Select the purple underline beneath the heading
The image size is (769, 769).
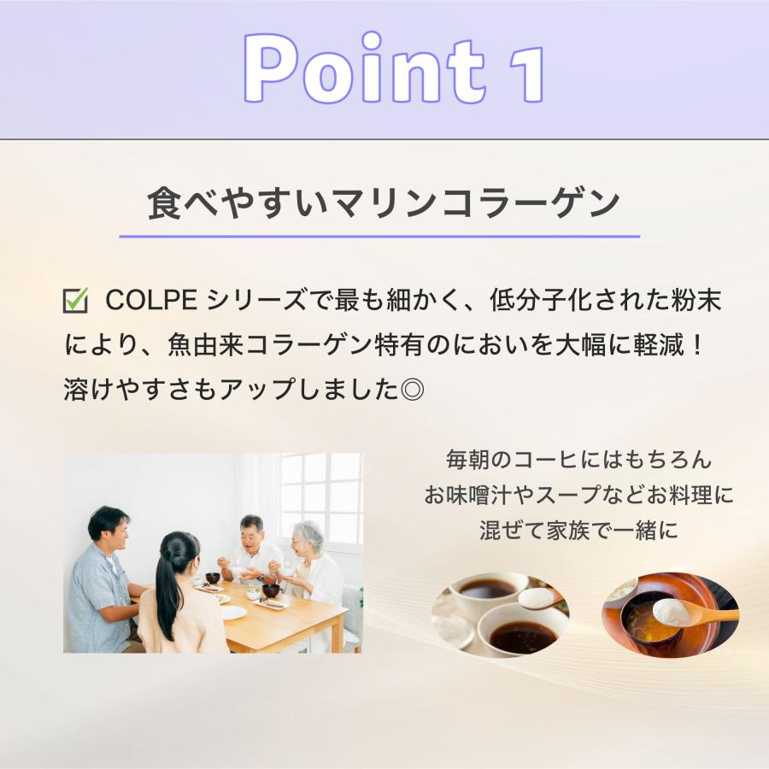tap(379, 236)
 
